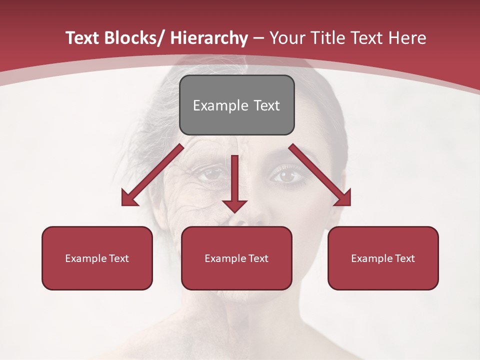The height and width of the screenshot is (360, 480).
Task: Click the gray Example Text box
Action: tap(236, 105)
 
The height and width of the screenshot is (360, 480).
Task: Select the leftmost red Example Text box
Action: tap(97, 258)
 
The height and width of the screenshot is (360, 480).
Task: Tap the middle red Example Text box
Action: tap(236, 258)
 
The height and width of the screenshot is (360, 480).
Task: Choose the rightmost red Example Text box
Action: tap(383, 258)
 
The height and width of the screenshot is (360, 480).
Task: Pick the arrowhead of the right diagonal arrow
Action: tap(342, 197)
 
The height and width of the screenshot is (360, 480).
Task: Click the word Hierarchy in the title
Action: tap(209, 38)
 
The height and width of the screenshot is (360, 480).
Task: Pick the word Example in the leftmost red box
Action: tap(86, 258)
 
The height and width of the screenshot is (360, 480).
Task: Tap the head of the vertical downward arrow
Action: tap(234, 205)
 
